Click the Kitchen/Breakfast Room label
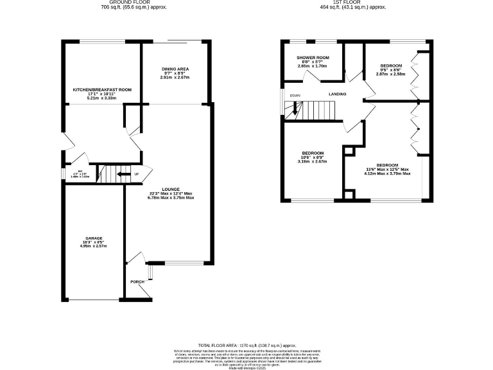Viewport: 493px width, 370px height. coord(102,90)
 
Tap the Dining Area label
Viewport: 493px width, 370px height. coord(175,69)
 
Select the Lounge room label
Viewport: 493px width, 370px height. coord(170,189)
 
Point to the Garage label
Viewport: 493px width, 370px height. coord(94,238)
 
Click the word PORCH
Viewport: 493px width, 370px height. coord(137,282)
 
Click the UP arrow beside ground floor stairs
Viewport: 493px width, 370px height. coord(135,174)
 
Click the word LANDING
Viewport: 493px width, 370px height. coord(338,94)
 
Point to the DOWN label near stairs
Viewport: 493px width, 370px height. coord(295,96)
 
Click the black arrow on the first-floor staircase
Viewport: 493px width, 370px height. coord(295,109)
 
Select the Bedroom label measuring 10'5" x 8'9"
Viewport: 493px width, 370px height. coord(313,154)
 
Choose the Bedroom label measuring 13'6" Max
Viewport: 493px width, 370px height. coord(387,165)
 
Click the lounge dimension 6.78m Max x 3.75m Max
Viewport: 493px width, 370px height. coord(170,197)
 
